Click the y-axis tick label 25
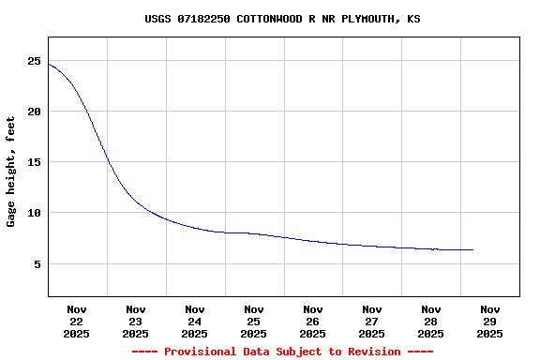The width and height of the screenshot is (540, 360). click(x=35, y=61)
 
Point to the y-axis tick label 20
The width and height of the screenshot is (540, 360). click(x=35, y=112)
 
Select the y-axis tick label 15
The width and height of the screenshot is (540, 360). click(x=35, y=162)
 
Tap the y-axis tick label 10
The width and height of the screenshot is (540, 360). click(x=35, y=213)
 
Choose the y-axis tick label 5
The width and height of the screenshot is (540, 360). click(x=37, y=264)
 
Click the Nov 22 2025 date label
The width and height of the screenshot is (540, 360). click(x=77, y=321)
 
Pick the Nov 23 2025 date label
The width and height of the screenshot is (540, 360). click(x=136, y=321)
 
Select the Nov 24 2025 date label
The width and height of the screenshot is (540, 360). click(x=195, y=321)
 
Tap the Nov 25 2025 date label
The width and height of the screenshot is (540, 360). click(x=254, y=321)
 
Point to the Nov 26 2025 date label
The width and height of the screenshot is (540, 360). click(x=313, y=321)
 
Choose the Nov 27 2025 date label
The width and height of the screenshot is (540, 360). click(x=372, y=321)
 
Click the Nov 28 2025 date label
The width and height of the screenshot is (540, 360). click(x=431, y=321)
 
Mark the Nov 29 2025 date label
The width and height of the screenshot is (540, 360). click(x=490, y=321)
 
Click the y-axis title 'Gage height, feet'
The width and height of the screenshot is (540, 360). click(x=11, y=172)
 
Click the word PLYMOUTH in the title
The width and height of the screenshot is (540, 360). click(x=367, y=19)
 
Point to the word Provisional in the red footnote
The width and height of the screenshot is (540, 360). click(x=199, y=352)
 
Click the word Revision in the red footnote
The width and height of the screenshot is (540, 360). click(x=373, y=352)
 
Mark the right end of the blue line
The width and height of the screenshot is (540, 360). click(x=473, y=249)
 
